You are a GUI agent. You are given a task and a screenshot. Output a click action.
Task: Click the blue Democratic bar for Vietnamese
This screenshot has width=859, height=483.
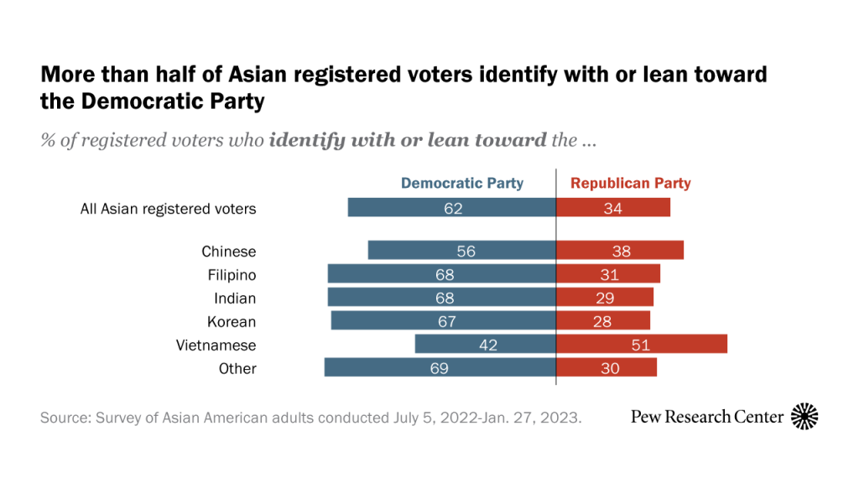pos(485,345)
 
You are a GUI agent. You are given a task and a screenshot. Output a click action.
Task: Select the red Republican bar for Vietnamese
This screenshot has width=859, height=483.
pos(642,345)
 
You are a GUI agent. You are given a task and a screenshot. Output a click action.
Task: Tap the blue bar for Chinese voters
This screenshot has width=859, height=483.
pos(461,251)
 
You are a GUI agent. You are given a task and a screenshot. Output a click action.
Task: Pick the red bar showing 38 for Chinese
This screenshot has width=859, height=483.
pos(620,251)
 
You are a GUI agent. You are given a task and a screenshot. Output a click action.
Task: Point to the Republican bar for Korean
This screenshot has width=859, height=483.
pos(603,321)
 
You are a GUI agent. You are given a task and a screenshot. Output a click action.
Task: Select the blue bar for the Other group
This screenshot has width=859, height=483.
pos(440,368)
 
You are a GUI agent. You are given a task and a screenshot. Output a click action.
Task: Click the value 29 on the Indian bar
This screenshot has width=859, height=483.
pos(604,298)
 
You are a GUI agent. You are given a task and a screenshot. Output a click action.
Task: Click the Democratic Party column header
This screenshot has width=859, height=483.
pos(461,183)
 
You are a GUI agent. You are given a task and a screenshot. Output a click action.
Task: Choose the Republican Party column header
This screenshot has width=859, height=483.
pos(631,183)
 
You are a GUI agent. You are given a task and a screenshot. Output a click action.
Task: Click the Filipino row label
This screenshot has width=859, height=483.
pos(232,274)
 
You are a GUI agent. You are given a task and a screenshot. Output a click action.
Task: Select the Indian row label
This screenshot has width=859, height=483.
pos(235,298)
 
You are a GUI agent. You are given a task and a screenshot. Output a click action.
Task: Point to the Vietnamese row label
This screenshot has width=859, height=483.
pos(216,345)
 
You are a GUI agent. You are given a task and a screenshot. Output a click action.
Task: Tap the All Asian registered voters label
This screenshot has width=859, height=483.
pos(168,208)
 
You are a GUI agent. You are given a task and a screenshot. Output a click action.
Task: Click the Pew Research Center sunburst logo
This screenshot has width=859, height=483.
pos(804,416)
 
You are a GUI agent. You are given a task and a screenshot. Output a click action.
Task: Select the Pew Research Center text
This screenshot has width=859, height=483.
pos(707,416)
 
